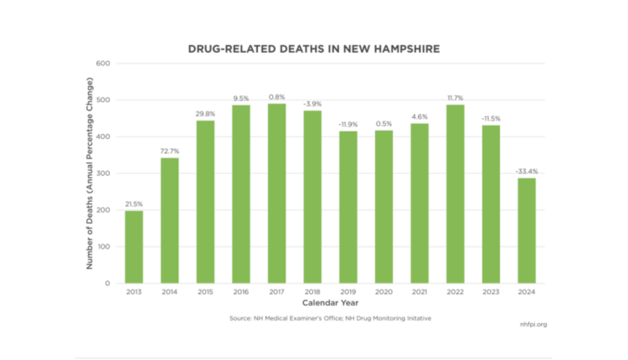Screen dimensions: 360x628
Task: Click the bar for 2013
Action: coord(134,247)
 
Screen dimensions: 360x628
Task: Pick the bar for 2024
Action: coord(528,230)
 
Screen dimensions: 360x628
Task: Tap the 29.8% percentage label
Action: coord(205,113)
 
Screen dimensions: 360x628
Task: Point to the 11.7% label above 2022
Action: coord(456,97)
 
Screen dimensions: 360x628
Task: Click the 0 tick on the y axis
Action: coord(108,284)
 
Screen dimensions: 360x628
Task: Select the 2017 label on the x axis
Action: coord(276,292)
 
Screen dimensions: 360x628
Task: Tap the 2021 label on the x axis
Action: coord(420,292)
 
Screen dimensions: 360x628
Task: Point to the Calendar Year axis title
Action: coord(330,302)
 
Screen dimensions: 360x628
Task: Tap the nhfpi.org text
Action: coord(533,322)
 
